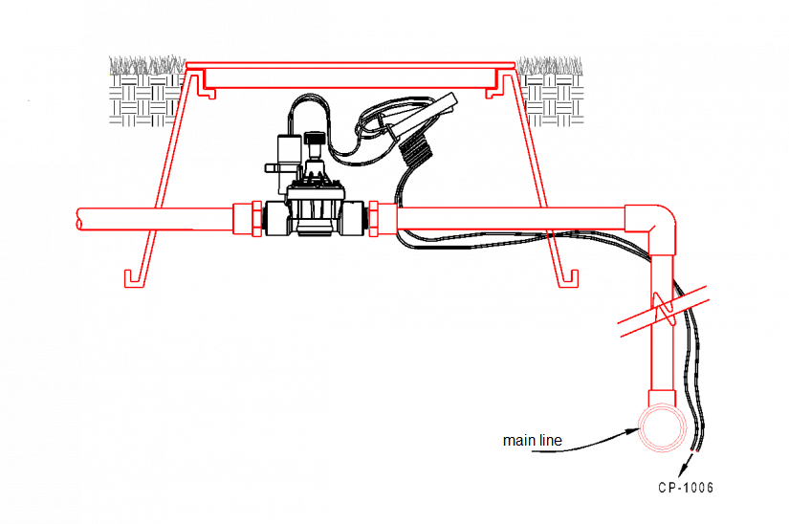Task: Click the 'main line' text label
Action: [533, 441]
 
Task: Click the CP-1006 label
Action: [685, 488]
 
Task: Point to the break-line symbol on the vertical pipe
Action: [660, 307]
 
